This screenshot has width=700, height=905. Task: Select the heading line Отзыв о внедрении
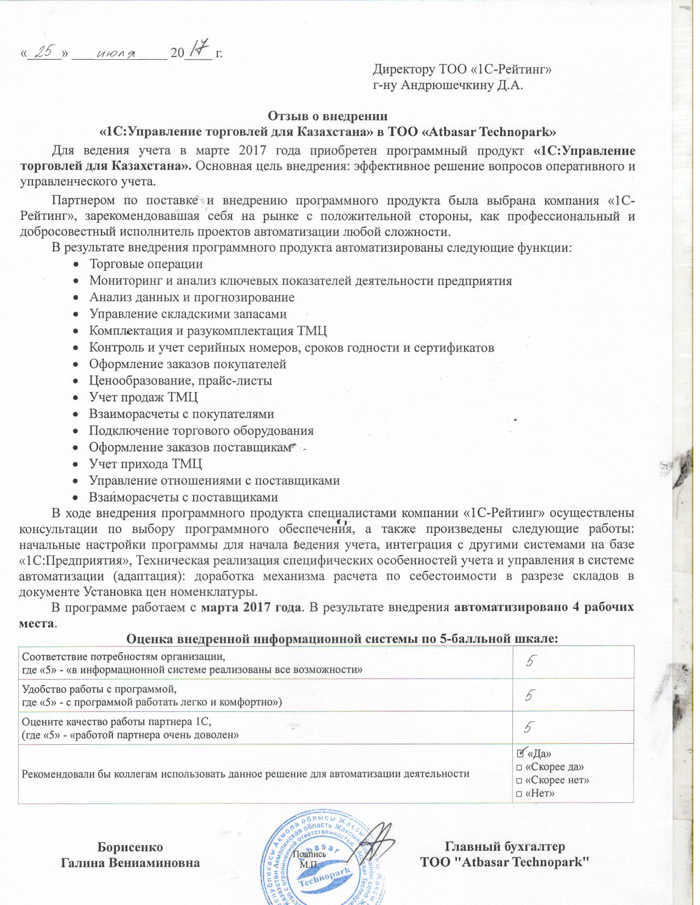(328, 116)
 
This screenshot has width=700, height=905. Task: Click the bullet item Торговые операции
(146, 264)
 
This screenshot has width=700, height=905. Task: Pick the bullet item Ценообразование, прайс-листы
(180, 381)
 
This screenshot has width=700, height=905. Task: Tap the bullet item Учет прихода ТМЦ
(145, 464)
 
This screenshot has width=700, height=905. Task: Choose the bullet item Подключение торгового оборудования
(201, 431)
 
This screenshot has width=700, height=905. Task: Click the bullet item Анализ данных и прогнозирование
(191, 297)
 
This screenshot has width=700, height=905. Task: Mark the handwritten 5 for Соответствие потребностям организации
(530, 662)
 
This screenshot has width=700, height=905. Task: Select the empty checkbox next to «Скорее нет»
(519, 780)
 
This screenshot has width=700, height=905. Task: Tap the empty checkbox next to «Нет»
(519, 794)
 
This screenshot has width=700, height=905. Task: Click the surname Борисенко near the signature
(130, 847)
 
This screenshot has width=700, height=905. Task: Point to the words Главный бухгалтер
(505, 847)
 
